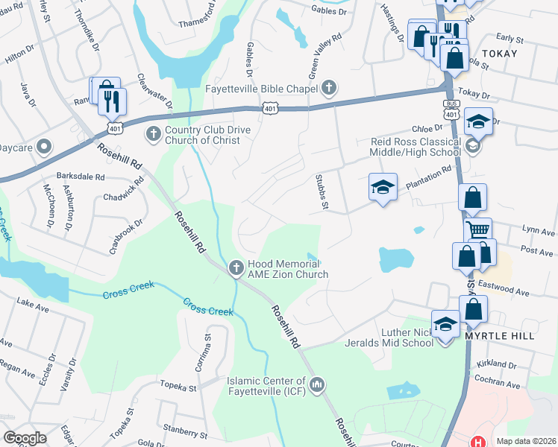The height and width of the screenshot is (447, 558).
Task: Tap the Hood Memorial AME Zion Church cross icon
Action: tap(236, 267)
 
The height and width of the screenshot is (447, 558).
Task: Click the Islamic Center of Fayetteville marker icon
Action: tap(318, 385)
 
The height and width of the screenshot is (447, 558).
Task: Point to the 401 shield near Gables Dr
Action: tap(271, 109)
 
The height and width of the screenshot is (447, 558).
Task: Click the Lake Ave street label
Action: tap(33, 303)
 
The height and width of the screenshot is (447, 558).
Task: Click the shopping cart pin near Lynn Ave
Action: tap(477, 230)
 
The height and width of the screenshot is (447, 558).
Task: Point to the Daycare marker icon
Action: tap(44, 147)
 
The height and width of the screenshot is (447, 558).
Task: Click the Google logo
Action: tap(25, 438)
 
